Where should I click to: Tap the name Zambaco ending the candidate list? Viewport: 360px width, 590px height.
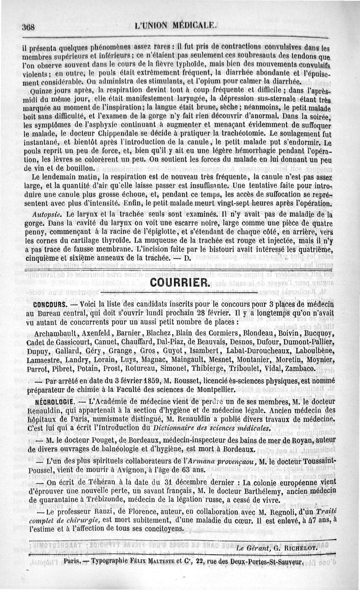coord(301,368)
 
